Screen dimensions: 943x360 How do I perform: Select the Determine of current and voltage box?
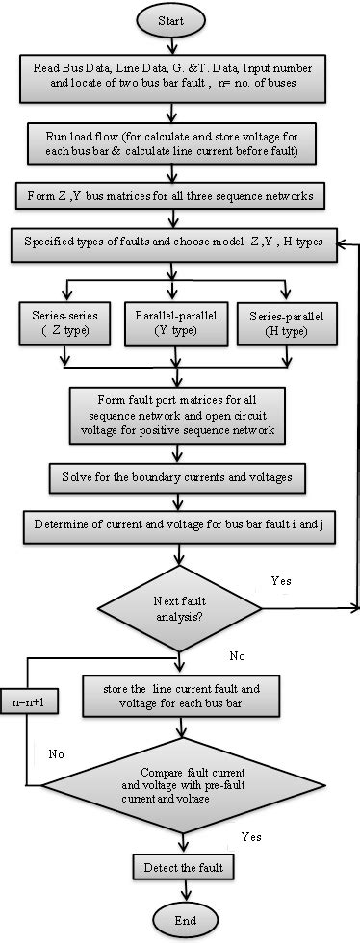(x=176, y=525)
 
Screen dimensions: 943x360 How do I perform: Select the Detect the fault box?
(x=180, y=868)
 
